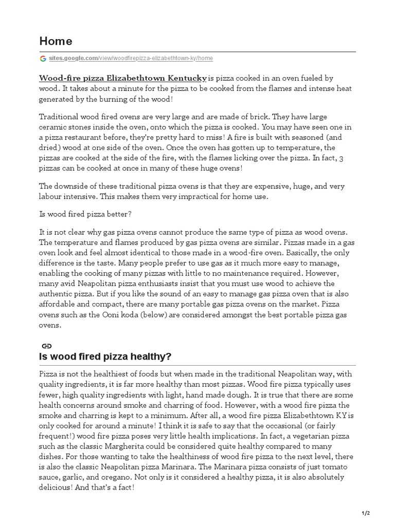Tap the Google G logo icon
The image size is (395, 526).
point(43,59)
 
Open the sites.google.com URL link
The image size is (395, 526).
point(131,59)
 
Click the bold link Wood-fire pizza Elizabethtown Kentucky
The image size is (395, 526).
point(123,78)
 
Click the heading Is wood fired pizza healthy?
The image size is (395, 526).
point(105,356)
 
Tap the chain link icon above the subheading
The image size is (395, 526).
point(46,346)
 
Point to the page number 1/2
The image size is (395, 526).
point(366,513)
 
